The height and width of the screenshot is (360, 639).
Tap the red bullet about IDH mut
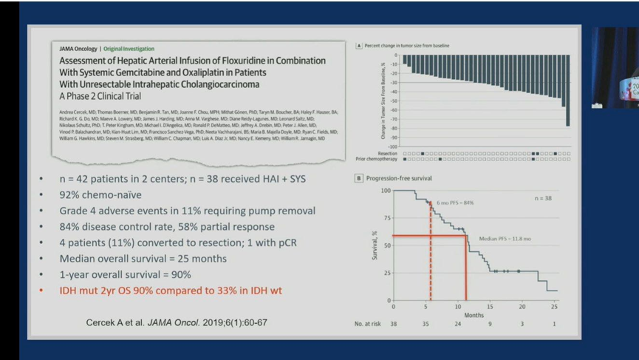tap(171, 291)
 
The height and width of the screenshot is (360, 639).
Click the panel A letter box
tap(359, 46)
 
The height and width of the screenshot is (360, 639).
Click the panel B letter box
tap(359, 178)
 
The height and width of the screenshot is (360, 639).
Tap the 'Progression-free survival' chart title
tap(400, 178)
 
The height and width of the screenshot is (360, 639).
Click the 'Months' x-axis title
tap(474, 315)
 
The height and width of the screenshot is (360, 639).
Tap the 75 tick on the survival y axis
tap(385, 218)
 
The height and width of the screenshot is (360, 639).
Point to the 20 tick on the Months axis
tap(522, 306)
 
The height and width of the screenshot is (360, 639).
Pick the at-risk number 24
tap(458, 325)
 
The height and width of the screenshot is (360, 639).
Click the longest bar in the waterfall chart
tap(567, 89)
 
